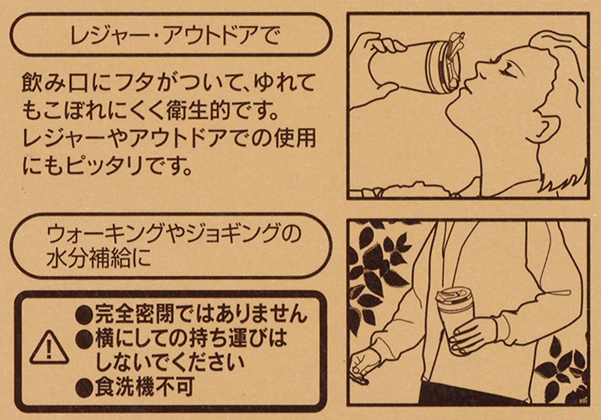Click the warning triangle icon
(x=49, y=348)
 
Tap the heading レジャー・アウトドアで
(x=175, y=35)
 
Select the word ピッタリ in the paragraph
(x=104, y=165)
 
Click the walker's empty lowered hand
(x=362, y=365)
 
